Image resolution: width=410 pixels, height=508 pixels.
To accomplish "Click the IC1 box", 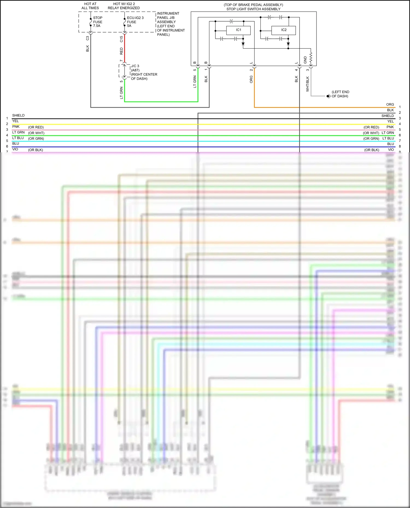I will coord(238,30).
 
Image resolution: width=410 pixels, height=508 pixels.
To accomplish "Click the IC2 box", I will coord(283,30).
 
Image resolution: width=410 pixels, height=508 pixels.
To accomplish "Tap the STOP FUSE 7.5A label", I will coord(98,22).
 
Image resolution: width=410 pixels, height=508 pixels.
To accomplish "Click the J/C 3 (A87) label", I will coord(135,68).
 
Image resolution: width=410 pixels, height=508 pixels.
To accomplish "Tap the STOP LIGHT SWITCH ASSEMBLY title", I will coord(253,9).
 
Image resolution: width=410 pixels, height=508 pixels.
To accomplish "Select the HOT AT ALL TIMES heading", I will coord(90,6).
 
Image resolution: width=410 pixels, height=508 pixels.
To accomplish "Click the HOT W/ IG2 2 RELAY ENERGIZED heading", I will coord(124,6).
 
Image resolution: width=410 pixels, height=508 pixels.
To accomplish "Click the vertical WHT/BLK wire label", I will coord(307,84).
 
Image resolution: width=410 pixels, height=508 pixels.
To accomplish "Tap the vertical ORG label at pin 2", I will coord(251,79).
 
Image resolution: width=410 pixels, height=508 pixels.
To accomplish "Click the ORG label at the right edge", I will coord(390,105).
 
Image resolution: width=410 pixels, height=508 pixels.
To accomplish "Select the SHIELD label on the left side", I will coord(18,115).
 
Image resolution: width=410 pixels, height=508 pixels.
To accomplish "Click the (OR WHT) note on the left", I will coord(36,133).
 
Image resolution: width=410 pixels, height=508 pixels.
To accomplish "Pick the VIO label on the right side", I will coord(391,150).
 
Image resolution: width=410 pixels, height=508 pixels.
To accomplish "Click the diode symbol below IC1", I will coord(243,44).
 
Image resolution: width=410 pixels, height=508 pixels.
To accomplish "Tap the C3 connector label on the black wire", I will coord(87,38).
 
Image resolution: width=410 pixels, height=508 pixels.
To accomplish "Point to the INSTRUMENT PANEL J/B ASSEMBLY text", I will coord(168,18).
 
